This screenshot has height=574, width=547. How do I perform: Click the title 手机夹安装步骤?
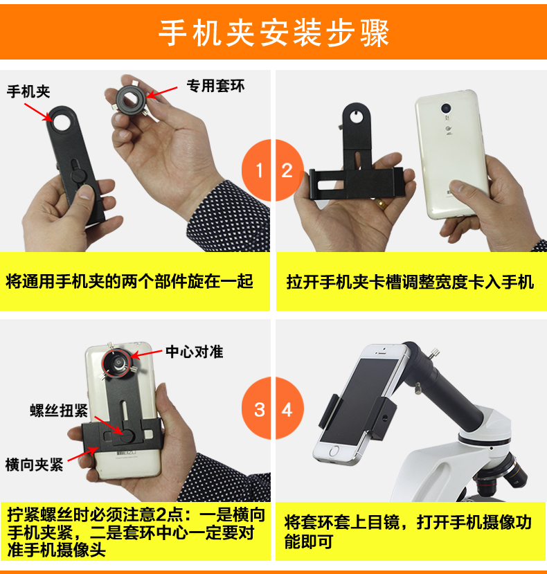[x=273, y=33]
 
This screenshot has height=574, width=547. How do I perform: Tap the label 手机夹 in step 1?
[x=28, y=91]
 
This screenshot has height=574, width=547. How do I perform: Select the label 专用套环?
[x=215, y=86]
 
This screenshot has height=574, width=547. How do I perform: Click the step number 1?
[x=259, y=170]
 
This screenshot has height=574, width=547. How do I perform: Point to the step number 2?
[x=287, y=170]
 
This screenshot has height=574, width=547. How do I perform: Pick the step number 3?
[x=259, y=410]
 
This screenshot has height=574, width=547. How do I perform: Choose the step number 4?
[x=287, y=410]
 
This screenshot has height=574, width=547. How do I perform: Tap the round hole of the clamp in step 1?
[x=62, y=120]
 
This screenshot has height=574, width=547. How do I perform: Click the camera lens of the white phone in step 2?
[x=446, y=108]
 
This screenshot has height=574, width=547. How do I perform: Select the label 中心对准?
[x=194, y=352]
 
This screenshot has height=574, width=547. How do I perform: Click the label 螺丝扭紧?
[x=59, y=411]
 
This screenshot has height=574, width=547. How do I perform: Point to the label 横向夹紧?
[x=34, y=465]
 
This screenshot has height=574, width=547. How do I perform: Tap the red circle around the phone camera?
[x=116, y=364]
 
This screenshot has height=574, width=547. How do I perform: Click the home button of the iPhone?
[x=334, y=451]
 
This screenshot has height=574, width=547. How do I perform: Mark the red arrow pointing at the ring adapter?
[x=162, y=93]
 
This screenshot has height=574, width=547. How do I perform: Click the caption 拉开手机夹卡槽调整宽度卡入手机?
[x=410, y=282]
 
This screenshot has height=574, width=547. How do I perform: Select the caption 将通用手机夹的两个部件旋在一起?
[x=129, y=282]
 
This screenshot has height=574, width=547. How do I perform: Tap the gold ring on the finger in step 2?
[x=381, y=203]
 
